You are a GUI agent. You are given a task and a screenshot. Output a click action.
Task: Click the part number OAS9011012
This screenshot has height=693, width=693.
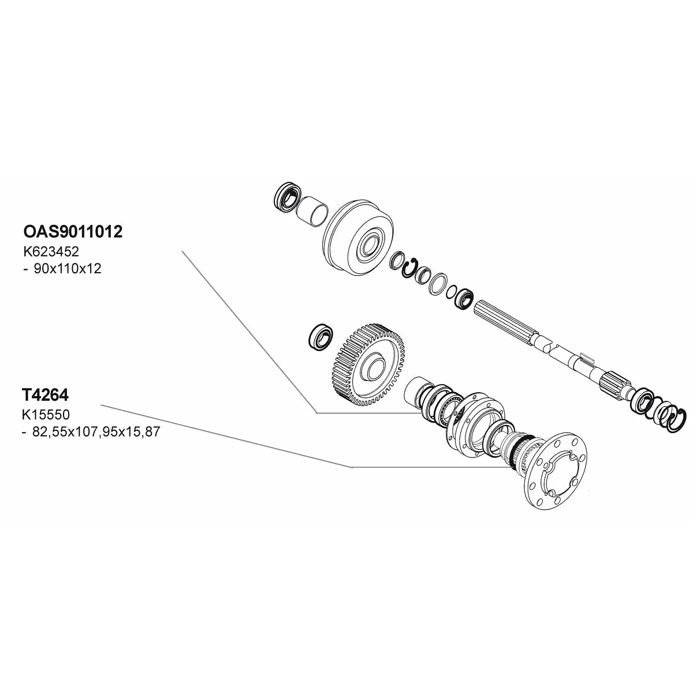[x=72, y=232]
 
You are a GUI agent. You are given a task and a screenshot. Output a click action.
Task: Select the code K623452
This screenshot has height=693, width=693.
[x=51, y=252]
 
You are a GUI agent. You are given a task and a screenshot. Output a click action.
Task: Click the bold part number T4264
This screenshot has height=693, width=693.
[x=45, y=396]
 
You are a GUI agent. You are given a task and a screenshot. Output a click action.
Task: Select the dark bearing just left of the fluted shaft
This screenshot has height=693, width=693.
[x=465, y=299]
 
